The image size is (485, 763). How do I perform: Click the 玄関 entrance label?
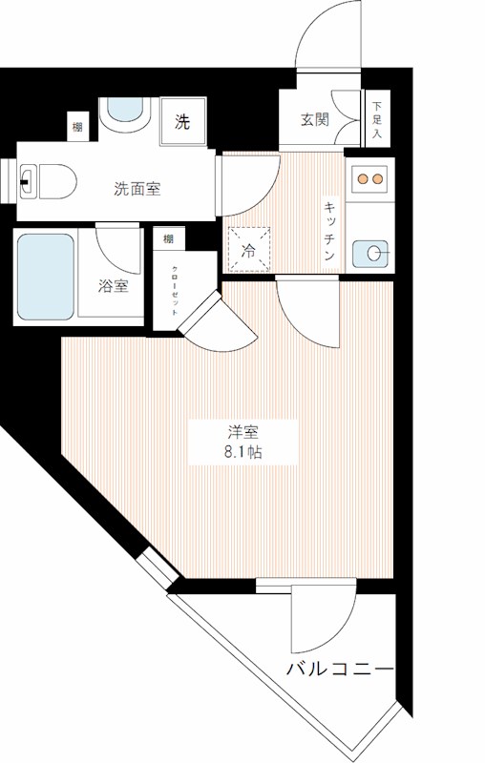(314, 120)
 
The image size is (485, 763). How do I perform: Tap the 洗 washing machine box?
(181, 121)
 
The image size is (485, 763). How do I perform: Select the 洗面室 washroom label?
(137, 188)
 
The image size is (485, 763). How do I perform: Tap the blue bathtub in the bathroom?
(46, 276)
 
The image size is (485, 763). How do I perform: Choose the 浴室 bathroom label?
(113, 286)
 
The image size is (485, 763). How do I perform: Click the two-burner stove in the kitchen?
(368, 177)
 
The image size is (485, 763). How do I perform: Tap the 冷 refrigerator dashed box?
(250, 251)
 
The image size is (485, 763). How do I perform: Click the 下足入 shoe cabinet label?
(377, 121)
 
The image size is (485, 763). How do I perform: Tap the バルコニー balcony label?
(340, 669)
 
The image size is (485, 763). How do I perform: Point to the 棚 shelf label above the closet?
(168, 238)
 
